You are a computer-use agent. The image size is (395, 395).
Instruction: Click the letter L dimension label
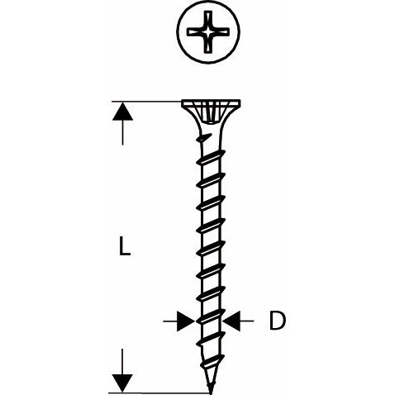[125, 246]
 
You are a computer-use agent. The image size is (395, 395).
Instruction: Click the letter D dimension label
[277, 321]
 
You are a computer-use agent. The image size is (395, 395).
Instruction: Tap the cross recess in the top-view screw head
[208, 31]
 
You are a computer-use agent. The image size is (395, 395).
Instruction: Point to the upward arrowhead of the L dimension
[122, 112]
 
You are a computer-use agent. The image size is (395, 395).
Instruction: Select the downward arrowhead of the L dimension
[122, 383]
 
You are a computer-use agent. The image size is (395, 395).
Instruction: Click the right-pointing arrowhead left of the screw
[186, 321]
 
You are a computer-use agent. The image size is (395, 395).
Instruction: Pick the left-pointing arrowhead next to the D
[231, 321]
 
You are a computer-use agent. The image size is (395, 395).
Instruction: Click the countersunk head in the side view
[211, 115]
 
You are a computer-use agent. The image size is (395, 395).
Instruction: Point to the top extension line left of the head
[146, 102]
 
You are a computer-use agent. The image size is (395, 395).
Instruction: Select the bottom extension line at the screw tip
[159, 393]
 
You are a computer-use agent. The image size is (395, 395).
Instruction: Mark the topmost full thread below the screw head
[211, 158]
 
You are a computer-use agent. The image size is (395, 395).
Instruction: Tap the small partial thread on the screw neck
[204, 137]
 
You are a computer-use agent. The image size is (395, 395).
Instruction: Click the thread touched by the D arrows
[211, 316]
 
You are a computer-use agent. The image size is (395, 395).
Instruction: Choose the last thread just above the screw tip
[210, 365]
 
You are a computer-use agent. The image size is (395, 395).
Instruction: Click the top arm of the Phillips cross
[208, 19]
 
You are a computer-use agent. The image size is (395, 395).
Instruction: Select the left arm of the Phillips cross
[195, 31]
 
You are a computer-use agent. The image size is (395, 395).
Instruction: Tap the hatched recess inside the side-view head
[211, 112]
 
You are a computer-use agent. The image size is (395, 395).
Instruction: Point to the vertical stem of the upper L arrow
[122, 132]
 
